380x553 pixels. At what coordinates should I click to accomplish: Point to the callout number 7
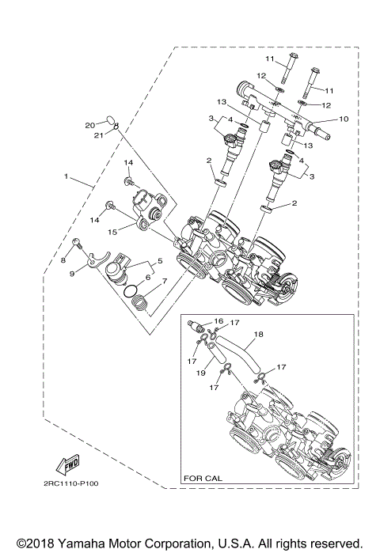tap(164, 281)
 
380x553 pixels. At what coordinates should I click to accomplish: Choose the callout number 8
tap(64, 259)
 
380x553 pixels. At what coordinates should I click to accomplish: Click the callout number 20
tap(89, 124)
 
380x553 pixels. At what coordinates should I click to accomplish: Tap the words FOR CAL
tap(201, 478)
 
